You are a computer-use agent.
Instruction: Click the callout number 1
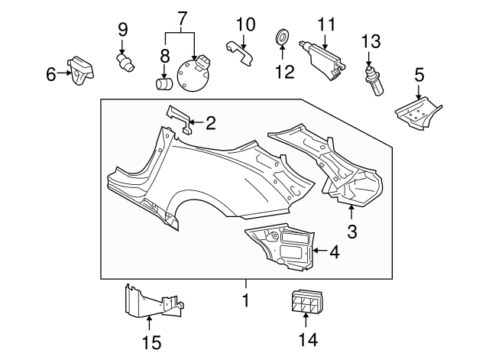(x=246, y=301)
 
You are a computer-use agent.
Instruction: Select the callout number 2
(x=211, y=121)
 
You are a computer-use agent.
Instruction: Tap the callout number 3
(x=351, y=230)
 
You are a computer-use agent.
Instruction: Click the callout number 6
(x=51, y=74)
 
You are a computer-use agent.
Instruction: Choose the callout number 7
(x=181, y=18)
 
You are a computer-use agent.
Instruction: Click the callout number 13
(x=371, y=40)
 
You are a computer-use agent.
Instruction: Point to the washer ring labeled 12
(x=281, y=36)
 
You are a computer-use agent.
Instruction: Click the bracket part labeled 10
(x=241, y=54)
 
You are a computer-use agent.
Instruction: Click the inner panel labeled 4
(x=281, y=246)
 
